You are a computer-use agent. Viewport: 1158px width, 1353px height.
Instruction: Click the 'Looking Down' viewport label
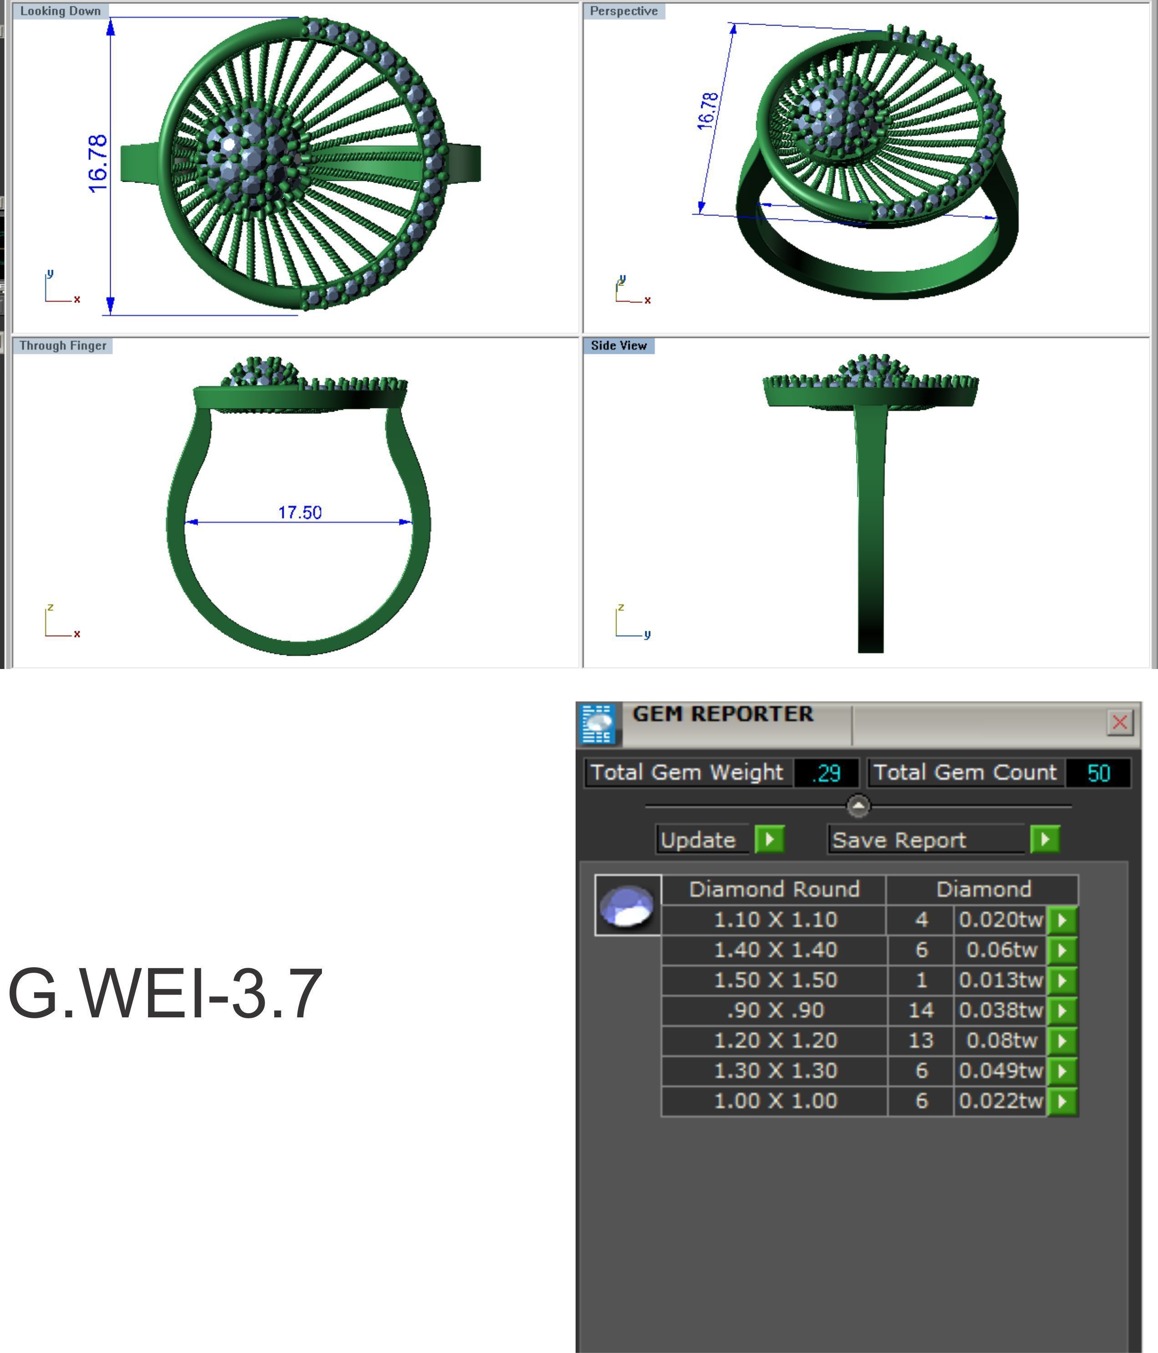tap(60, 11)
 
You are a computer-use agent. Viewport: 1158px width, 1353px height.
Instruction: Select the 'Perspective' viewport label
tap(623, 11)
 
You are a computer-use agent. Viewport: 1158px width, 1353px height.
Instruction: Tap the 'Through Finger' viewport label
tap(63, 346)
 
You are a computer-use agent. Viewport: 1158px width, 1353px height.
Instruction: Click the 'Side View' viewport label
tap(618, 346)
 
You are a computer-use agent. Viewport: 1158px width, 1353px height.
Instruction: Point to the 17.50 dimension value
tap(300, 513)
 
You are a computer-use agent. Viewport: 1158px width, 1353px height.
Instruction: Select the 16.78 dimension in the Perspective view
tap(708, 111)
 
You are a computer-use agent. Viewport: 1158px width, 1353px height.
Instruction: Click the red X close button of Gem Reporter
tap(1119, 722)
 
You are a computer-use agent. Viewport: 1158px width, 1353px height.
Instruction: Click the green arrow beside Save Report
tap(1045, 839)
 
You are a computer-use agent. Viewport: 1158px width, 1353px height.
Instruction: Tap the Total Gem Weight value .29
tap(826, 773)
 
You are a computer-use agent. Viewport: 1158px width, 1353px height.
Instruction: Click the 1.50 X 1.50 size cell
tap(775, 980)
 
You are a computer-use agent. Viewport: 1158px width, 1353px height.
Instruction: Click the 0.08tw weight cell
tap(1001, 1040)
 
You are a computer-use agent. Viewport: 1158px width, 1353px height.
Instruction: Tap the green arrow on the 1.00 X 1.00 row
tap(1062, 1101)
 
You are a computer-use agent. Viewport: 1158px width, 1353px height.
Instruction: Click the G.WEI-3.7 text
tap(164, 994)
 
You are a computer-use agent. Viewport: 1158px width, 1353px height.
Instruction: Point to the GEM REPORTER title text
tap(723, 714)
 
